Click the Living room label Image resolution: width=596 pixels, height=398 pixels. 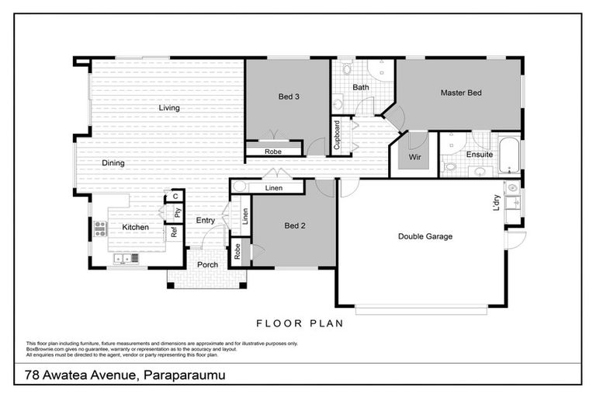169,108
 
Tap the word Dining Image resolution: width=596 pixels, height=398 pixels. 113,163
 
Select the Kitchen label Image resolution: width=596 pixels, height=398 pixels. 135,227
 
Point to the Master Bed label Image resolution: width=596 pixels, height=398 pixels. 461,93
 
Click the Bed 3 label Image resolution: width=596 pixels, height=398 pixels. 289,97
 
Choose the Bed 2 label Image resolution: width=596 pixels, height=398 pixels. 295,226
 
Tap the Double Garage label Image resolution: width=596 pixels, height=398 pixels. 425,236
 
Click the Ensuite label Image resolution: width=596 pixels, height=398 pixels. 480,154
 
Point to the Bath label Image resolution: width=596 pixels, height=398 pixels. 361,88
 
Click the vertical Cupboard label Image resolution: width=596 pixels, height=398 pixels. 337,134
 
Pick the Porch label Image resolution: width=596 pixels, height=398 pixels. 207,265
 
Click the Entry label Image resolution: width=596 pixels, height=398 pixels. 205,221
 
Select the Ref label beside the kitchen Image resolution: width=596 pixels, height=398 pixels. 175,231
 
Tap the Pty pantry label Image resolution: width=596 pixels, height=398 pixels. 177,211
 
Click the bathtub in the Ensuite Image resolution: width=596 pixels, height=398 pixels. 510,155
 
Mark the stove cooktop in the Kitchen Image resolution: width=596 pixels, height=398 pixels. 100,228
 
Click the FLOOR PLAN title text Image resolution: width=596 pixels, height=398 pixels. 296,322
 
